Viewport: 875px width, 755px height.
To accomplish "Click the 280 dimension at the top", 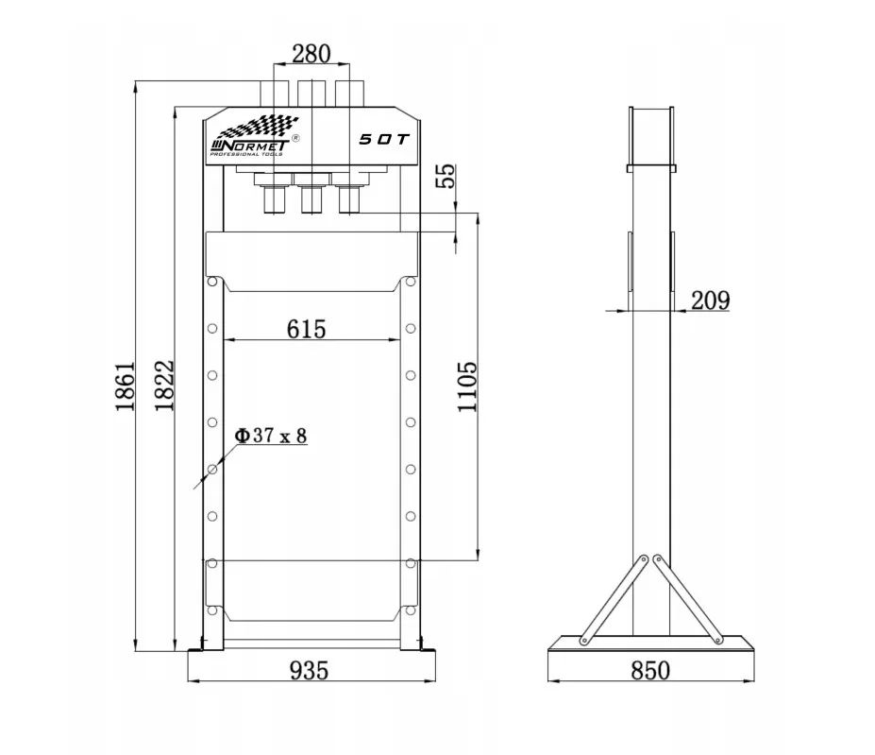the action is (311, 54).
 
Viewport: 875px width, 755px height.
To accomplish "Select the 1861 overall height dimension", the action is (125, 386).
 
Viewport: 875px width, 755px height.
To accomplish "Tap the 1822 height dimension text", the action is (164, 386).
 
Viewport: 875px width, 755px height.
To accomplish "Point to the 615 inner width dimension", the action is (307, 329).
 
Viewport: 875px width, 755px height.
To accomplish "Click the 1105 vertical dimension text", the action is (467, 386).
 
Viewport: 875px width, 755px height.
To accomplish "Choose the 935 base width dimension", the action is (310, 670).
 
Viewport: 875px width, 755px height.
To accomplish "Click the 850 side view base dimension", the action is (650, 670).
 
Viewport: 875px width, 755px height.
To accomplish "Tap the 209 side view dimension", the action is (711, 300).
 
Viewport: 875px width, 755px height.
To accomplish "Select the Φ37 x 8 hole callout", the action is (271, 436).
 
